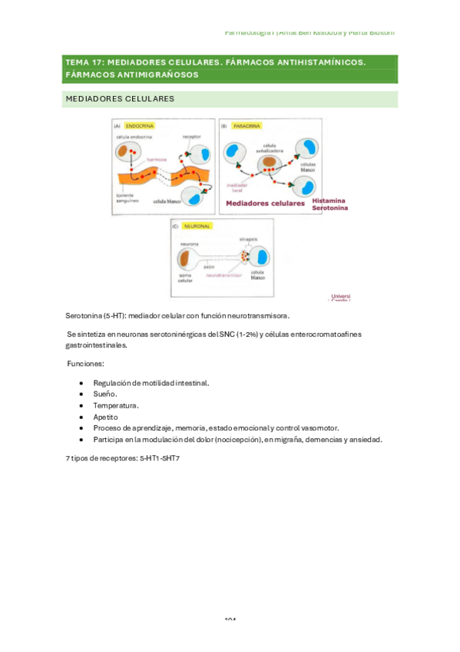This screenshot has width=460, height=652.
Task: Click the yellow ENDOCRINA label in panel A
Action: click(x=139, y=125)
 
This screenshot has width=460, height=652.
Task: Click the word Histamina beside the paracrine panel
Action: click(x=329, y=199)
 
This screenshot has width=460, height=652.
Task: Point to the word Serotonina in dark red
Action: click(x=330, y=208)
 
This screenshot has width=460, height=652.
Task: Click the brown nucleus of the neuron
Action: click(x=187, y=257)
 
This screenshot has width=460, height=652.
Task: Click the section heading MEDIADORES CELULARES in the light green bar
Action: click(x=120, y=99)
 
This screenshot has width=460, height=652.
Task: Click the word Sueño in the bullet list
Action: click(x=105, y=394)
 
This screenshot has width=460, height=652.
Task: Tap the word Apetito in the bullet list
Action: click(x=106, y=417)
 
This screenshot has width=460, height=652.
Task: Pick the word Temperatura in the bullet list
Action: click(x=116, y=405)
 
